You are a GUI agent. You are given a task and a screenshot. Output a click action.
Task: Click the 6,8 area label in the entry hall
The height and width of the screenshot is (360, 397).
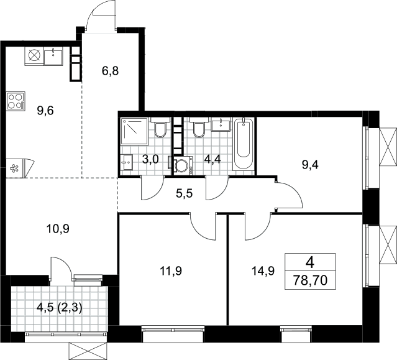[x=110, y=71]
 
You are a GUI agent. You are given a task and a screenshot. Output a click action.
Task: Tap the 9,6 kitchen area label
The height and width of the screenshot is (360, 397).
[x=45, y=111]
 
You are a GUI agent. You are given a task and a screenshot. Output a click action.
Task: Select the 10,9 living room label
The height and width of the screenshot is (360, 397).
[x=58, y=229]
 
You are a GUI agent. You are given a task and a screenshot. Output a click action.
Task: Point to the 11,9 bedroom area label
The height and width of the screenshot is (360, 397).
[x=171, y=271]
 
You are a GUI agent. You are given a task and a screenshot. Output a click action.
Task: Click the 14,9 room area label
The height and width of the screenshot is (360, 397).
[x=263, y=271]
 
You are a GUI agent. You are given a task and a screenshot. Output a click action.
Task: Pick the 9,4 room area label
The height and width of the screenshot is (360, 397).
[x=310, y=165]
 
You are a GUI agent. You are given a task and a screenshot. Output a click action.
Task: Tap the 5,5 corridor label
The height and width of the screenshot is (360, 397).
[x=185, y=193]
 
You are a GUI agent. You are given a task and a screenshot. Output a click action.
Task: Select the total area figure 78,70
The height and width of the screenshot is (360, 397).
[x=310, y=280]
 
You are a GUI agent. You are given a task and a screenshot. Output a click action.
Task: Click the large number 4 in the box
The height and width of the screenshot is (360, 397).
[x=310, y=263]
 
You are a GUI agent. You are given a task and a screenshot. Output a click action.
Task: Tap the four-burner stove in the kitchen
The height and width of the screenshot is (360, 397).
[x=16, y=101]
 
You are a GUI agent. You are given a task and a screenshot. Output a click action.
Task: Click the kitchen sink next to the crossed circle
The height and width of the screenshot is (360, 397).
[x=53, y=56]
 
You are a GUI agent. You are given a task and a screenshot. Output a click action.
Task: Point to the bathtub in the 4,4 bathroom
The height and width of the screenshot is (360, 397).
[x=243, y=144]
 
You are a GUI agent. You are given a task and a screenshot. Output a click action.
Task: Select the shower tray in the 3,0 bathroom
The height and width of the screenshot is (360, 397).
[x=134, y=131]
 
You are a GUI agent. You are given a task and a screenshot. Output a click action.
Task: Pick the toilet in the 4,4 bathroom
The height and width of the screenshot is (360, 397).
[x=199, y=127]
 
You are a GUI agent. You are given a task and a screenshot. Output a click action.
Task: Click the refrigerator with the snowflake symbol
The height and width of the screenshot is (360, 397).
[x=18, y=168]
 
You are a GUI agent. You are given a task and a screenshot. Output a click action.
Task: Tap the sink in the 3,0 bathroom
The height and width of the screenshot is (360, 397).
[x=126, y=162]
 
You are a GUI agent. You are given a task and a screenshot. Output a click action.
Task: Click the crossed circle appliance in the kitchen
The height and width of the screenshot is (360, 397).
[x=34, y=56]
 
